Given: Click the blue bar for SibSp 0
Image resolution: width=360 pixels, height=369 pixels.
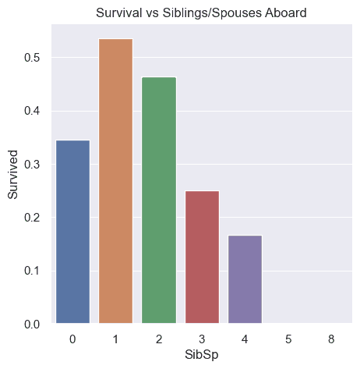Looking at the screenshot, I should tap(72, 232).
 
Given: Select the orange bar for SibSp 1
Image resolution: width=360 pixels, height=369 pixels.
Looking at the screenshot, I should tap(115, 181).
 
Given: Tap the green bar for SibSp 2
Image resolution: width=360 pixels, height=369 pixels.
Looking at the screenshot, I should tap(158, 200).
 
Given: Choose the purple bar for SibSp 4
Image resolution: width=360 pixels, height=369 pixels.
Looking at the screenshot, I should tap(244, 279).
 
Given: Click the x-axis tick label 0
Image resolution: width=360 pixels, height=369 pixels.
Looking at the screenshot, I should tap(72, 339).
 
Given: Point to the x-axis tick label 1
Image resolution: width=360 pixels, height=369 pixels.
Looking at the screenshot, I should tap(115, 339).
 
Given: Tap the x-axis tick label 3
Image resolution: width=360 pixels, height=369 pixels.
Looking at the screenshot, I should tap(201, 339).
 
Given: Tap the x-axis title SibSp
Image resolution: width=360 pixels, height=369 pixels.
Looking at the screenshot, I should tap(201, 355).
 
